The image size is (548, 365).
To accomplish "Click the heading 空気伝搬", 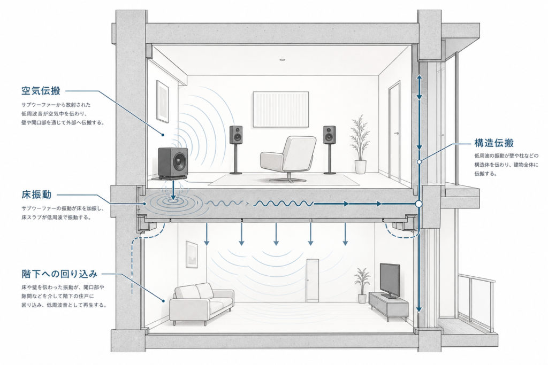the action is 41,91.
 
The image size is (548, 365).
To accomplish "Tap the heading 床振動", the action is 36,195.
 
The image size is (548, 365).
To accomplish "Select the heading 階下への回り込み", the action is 59,274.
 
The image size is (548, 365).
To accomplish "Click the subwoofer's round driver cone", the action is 178,161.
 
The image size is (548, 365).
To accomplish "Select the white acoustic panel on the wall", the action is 281,109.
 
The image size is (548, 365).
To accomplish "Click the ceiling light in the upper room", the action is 283,60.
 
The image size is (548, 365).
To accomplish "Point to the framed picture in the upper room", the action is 163,101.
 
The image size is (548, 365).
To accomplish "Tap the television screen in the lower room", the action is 390,279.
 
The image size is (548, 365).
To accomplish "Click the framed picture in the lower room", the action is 192,254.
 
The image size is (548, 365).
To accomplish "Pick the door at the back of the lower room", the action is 313,281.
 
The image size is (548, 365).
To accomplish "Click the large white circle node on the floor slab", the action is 418,204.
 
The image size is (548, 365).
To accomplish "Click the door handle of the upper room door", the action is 397,133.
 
